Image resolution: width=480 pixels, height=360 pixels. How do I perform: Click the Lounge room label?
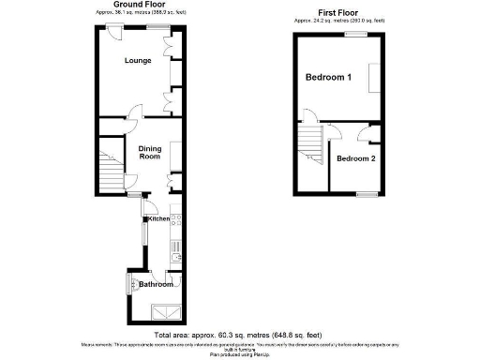(138, 61)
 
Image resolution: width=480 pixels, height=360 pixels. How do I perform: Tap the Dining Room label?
(150, 152)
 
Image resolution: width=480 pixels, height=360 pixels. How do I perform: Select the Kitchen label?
(157, 218)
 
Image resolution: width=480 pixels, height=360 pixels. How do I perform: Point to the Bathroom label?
(156, 284)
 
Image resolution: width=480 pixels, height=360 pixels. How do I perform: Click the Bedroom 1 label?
(328, 78)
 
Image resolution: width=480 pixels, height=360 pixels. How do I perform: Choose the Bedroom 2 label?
(356, 158)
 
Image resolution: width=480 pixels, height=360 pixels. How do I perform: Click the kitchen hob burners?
(176, 218)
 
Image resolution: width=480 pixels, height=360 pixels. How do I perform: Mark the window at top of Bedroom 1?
(355, 34)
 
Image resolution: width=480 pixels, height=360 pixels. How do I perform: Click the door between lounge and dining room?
(133, 118)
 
